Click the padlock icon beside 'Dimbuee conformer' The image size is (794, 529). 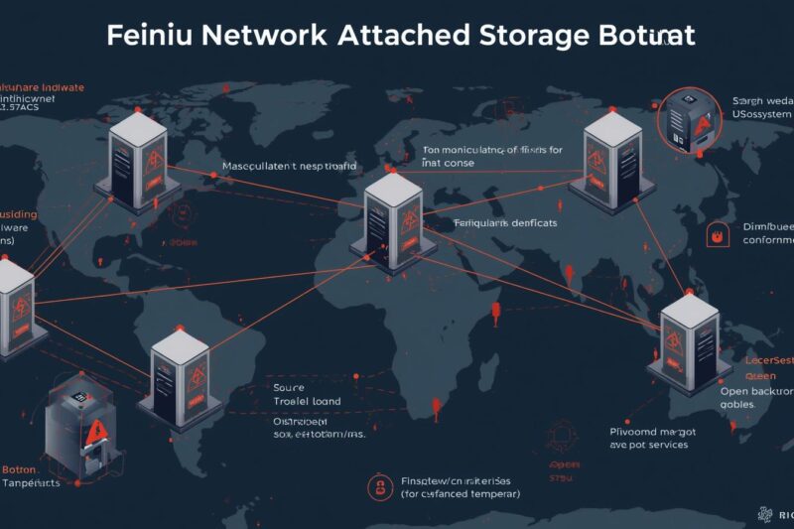[x=715, y=234]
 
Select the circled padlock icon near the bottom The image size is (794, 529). [x=376, y=485]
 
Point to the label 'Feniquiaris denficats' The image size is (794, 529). [x=505, y=224]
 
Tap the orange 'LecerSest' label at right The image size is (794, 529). [x=768, y=360]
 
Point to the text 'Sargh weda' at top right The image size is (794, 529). [x=763, y=101]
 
